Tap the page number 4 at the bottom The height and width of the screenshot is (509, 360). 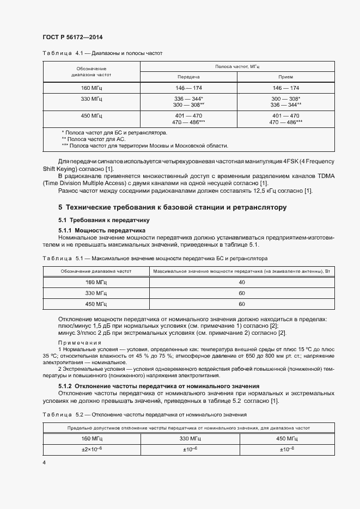(x=44, y=462)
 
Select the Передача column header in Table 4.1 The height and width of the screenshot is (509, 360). (x=188, y=77)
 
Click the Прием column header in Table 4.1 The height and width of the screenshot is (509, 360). (x=286, y=77)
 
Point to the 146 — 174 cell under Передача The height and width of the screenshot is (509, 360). (x=188, y=88)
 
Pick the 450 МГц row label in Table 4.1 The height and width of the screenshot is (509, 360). (x=91, y=115)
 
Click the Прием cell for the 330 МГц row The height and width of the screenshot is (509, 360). (x=286, y=102)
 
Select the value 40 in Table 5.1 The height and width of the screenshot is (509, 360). (x=242, y=282)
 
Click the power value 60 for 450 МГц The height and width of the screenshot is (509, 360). (x=242, y=304)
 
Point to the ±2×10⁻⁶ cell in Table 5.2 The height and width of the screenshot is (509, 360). (x=91, y=449)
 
